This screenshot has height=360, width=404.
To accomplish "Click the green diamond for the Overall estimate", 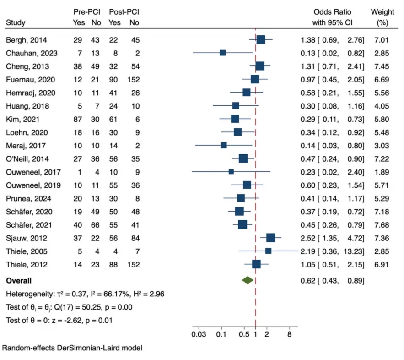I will tap(248, 280).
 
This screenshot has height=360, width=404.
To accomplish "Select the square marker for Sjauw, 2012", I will tap(270, 237).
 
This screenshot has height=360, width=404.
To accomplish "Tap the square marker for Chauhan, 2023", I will tap(222, 53).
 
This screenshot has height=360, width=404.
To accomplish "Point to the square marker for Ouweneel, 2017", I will tap(231, 171).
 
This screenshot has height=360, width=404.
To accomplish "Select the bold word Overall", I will tap(19, 280).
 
